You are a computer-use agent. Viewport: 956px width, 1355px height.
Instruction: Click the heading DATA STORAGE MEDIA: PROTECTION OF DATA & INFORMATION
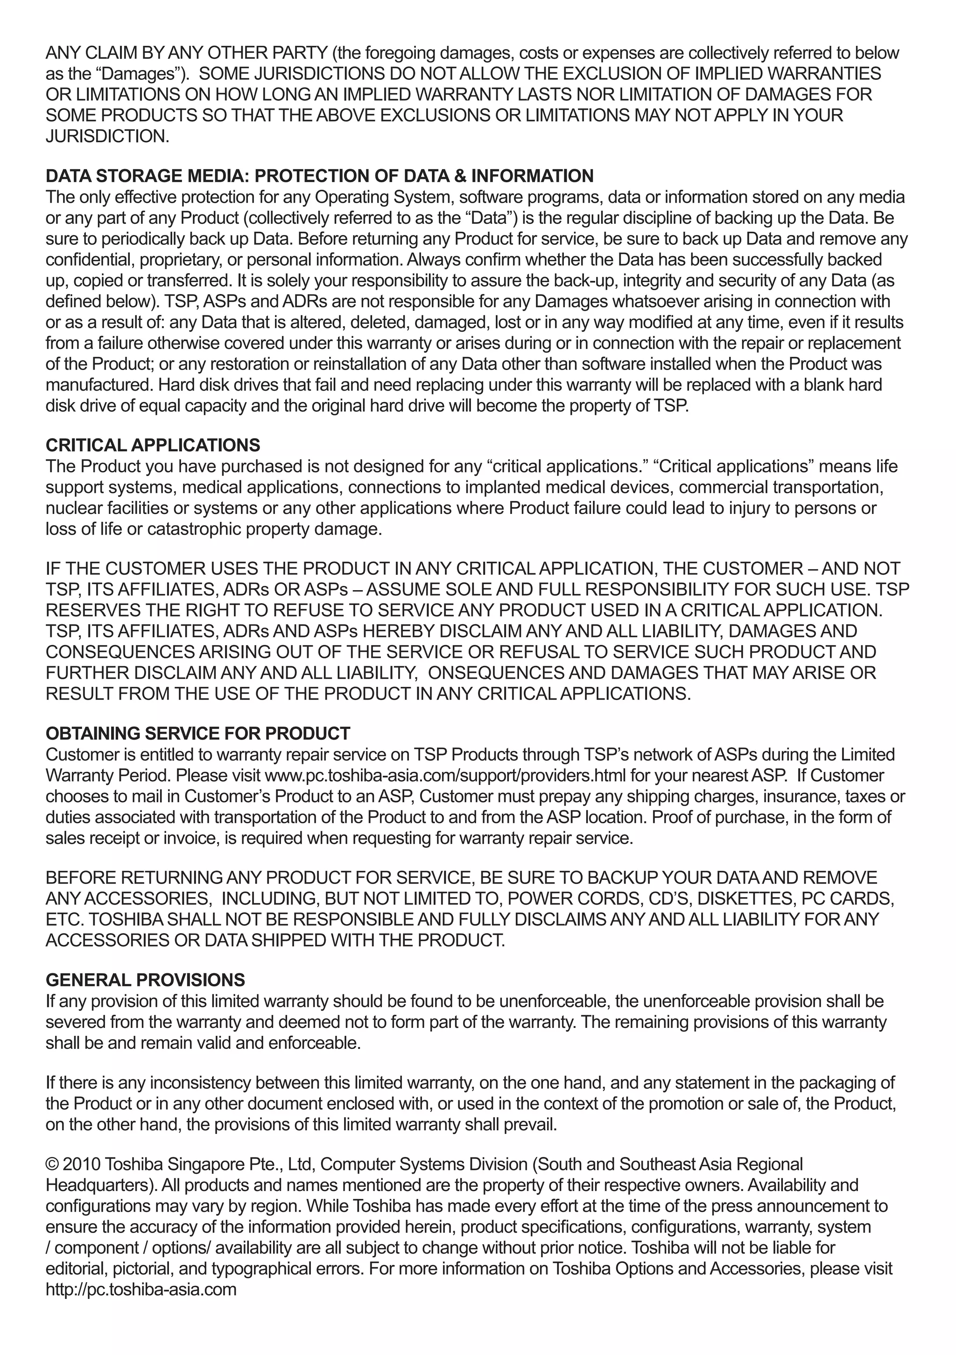pyautogui.click(x=319, y=176)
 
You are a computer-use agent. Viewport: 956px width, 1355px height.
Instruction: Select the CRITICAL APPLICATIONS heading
pyautogui.click(x=153, y=445)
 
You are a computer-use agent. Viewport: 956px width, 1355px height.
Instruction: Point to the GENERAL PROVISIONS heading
pyautogui.click(x=145, y=980)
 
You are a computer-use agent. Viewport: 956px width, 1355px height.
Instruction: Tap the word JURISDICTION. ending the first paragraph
pyautogui.click(x=107, y=136)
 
